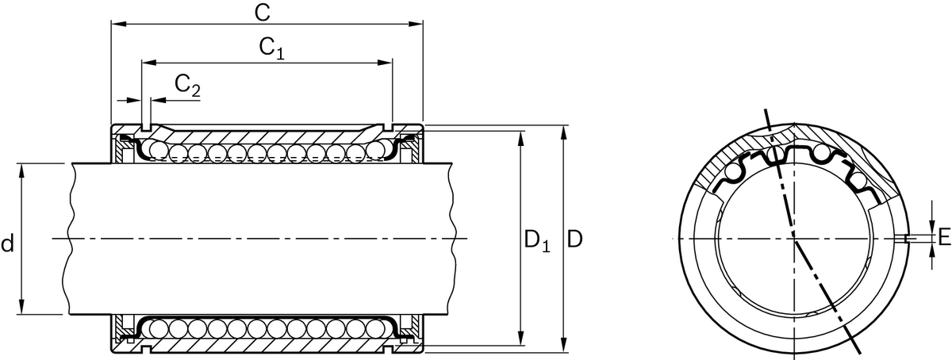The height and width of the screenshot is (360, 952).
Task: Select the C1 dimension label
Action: click(271, 48)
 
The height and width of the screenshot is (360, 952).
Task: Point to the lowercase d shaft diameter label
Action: click(7, 243)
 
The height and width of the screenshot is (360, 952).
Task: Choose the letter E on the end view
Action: click(943, 237)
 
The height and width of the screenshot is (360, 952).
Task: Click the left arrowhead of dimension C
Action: click(116, 24)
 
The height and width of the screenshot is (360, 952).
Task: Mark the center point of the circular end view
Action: click(793, 238)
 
